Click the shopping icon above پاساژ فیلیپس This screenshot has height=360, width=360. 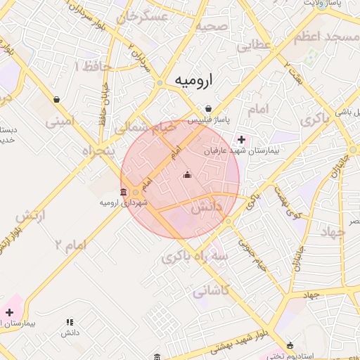coord(209,109)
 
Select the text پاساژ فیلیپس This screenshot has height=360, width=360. coord(209,121)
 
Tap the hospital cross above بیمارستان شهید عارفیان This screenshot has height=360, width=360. coord(242,139)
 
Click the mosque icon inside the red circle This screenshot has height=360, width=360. coord(187,175)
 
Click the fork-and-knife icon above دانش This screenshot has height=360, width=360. coord(69,322)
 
